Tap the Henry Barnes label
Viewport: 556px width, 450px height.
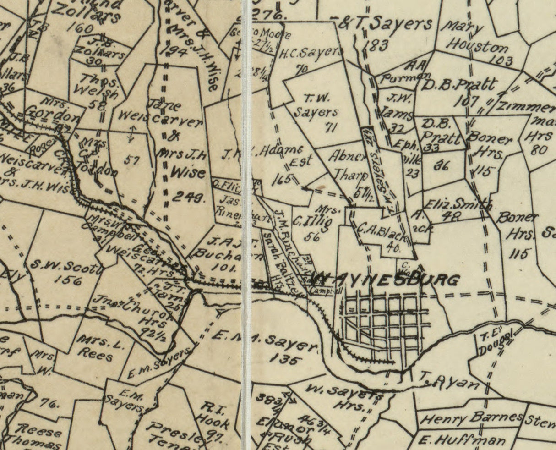[x=471, y=418]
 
